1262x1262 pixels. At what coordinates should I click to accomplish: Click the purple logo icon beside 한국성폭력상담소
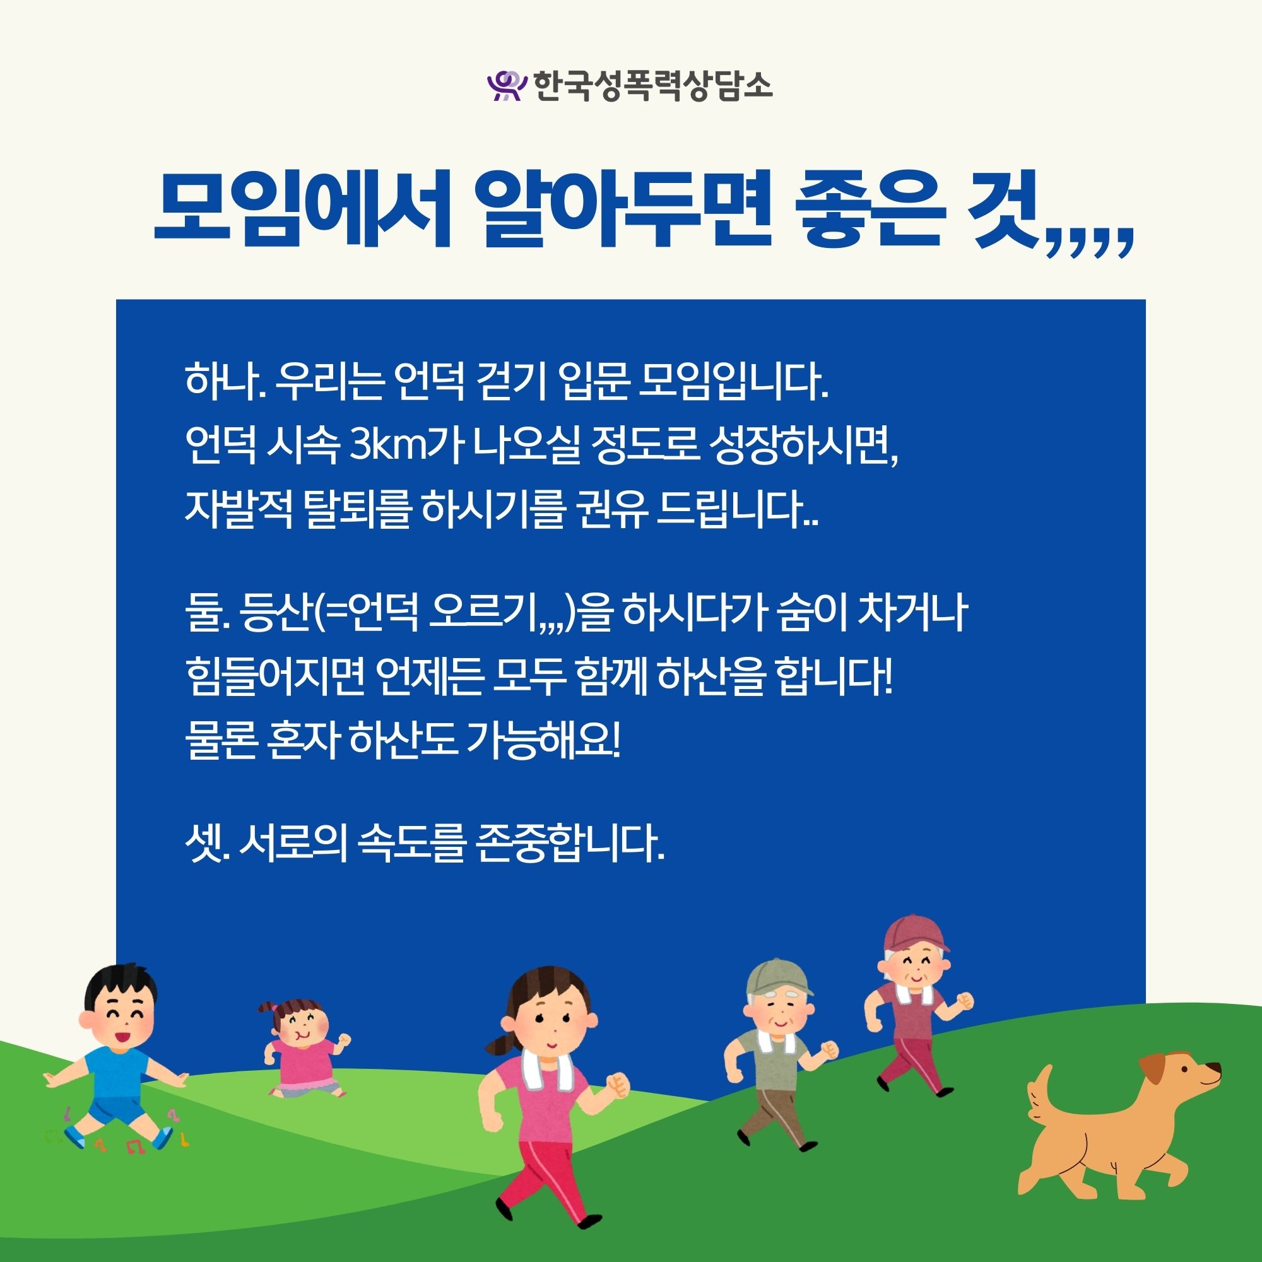[x=507, y=86]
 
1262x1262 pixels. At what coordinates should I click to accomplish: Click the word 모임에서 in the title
[x=302, y=208]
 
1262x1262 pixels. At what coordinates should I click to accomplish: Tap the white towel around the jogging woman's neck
[x=541, y=1066]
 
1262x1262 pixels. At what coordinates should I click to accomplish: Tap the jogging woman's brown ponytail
[x=505, y=1044]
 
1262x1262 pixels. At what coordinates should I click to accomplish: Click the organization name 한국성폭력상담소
[x=653, y=86]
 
